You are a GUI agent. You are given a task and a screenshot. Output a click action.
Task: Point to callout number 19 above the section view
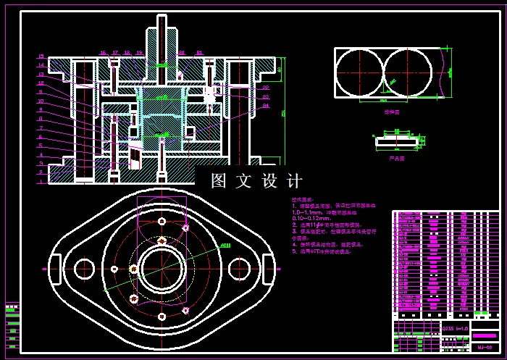coord(140,53)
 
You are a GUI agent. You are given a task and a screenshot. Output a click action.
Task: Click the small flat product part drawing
coord(396,141)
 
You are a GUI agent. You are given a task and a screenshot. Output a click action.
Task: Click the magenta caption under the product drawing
coord(396,156)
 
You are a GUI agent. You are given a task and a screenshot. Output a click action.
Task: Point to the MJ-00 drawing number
coord(485,348)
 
